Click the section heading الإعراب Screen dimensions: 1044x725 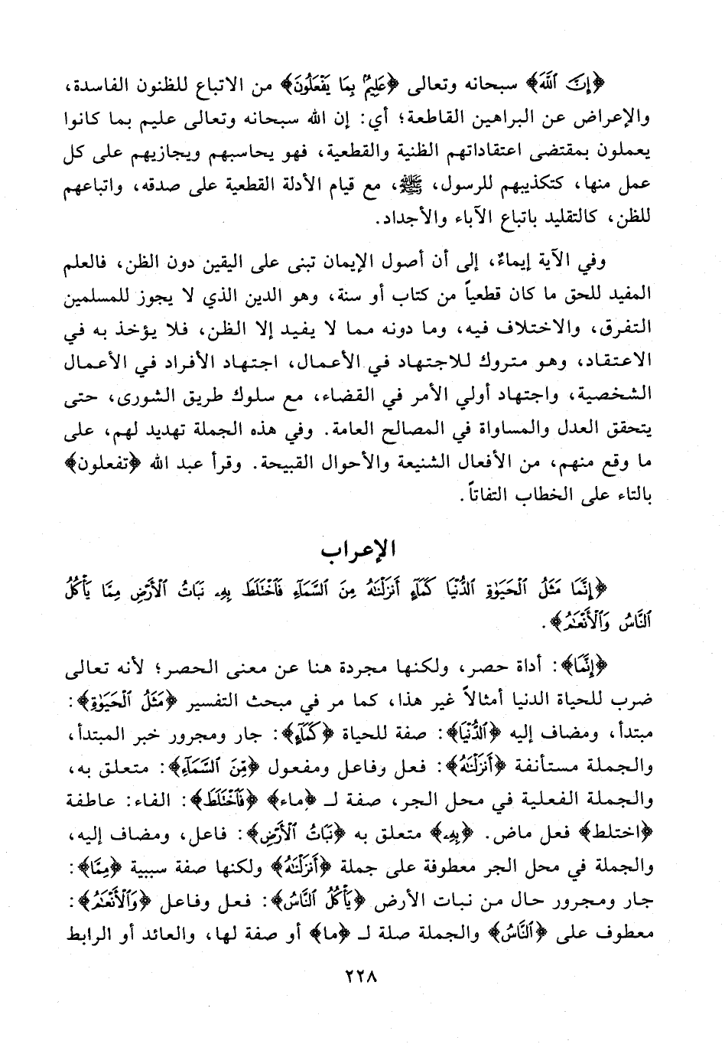pyautogui.click(x=362, y=552)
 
